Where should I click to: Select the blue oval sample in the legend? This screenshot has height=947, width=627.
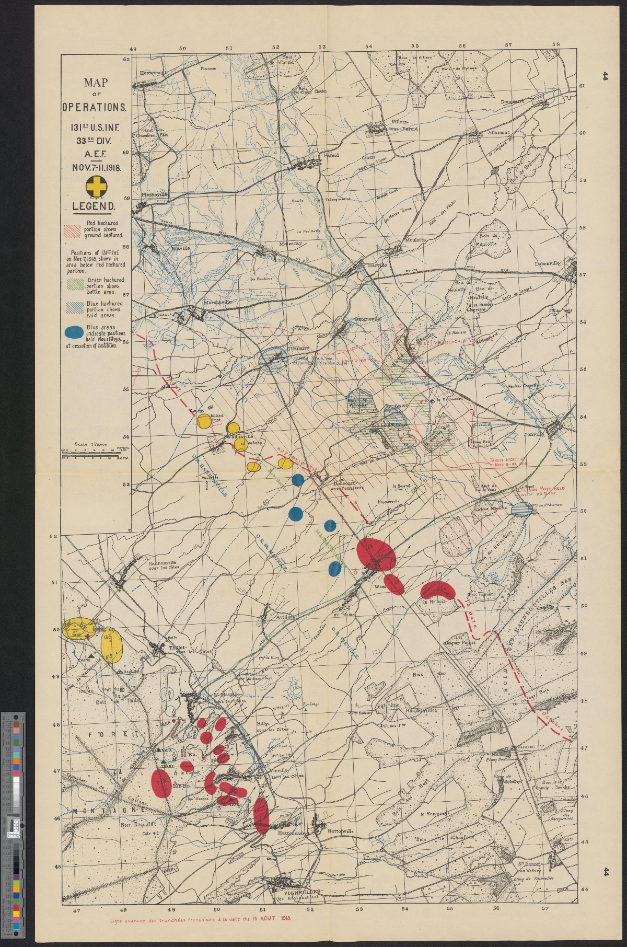pos(74,332)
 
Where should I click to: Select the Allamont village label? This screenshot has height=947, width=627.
pos(498,133)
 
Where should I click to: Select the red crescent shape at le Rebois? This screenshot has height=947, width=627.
pos(438,590)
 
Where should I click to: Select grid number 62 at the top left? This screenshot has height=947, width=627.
pos(126,59)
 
